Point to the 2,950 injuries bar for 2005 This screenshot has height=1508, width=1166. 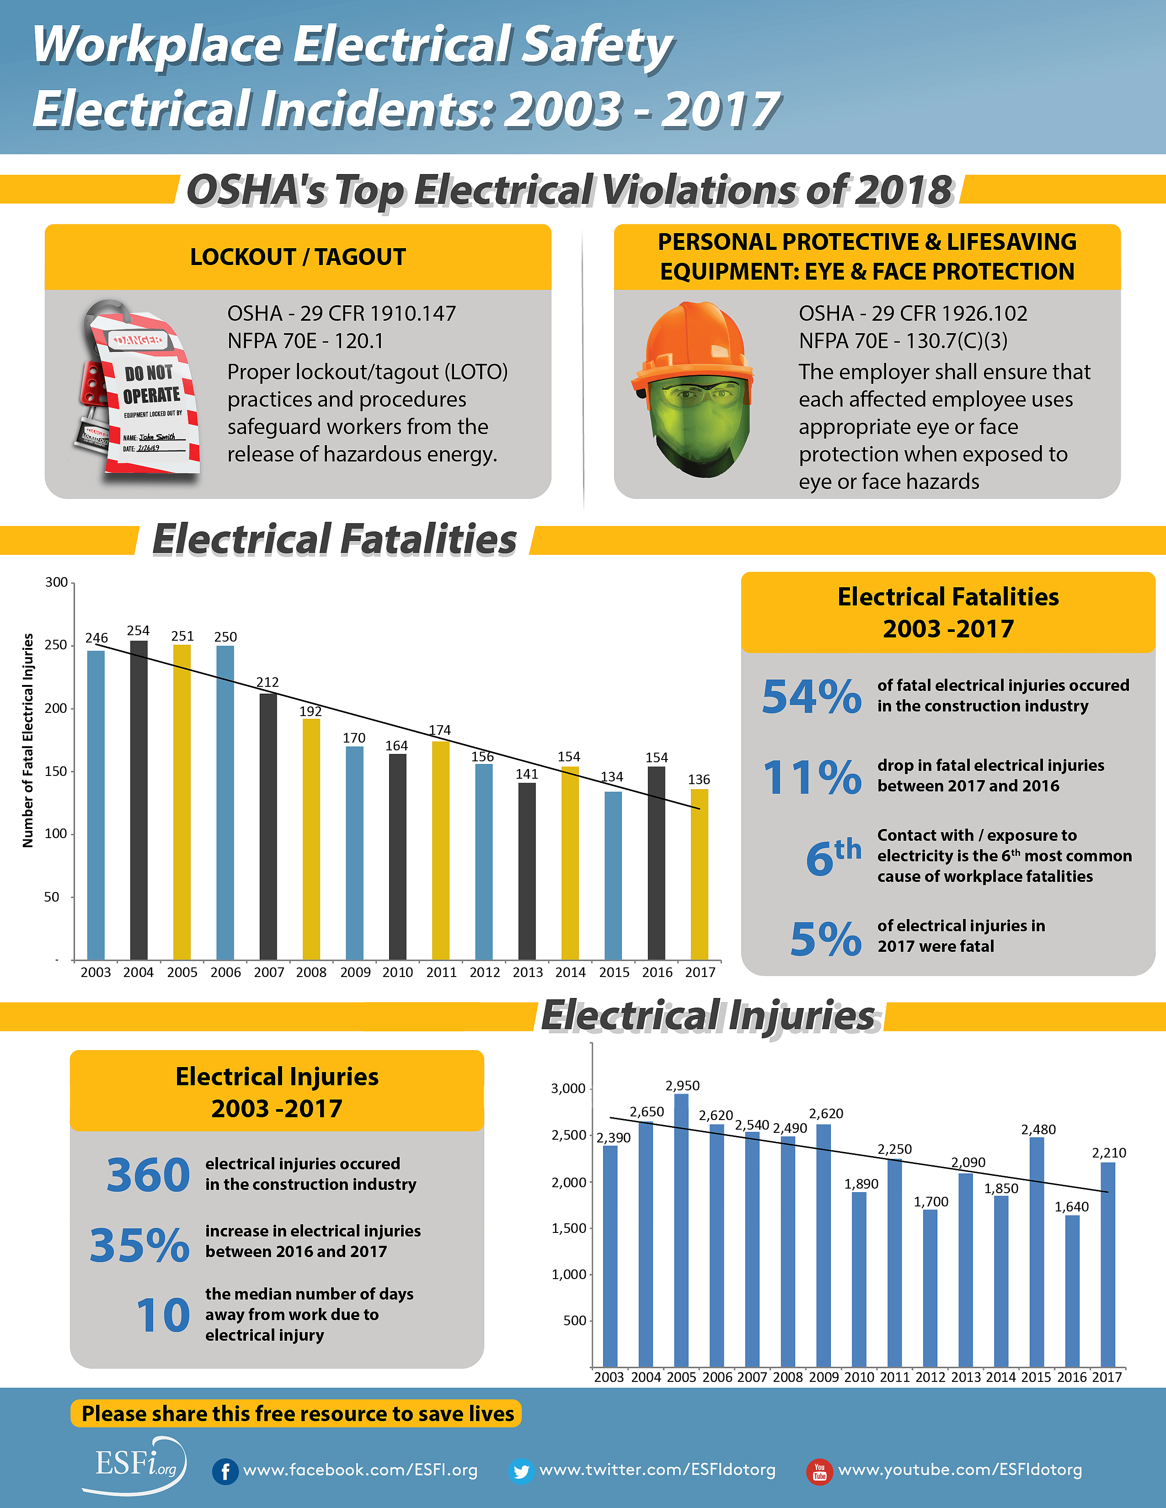click(x=681, y=1230)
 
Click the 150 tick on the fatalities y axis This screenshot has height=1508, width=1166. click(x=56, y=771)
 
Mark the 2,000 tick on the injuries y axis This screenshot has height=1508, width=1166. click(x=568, y=1183)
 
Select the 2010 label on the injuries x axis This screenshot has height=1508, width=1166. click(x=859, y=1377)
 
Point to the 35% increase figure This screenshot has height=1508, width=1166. click(x=139, y=1244)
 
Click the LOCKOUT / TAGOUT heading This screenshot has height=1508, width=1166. click(x=298, y=257)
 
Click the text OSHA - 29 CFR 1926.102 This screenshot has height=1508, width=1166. click(x=913, y=313)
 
